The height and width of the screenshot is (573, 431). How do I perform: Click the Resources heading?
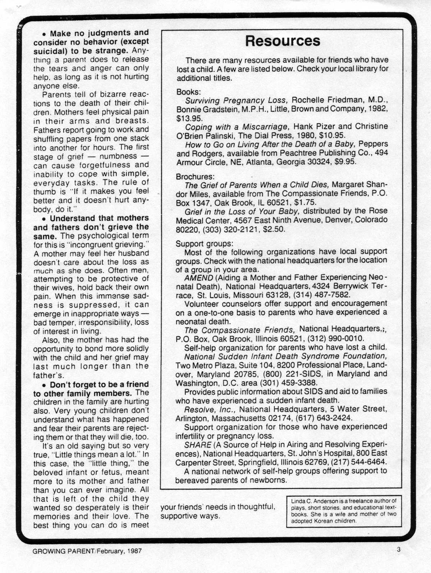[x=283, y=41]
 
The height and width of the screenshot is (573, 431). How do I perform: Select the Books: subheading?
[x=189, y=92]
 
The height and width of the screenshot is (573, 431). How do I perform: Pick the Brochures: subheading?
[x=195, y=177]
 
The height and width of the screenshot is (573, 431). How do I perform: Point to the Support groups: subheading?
[x=204, y=244]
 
